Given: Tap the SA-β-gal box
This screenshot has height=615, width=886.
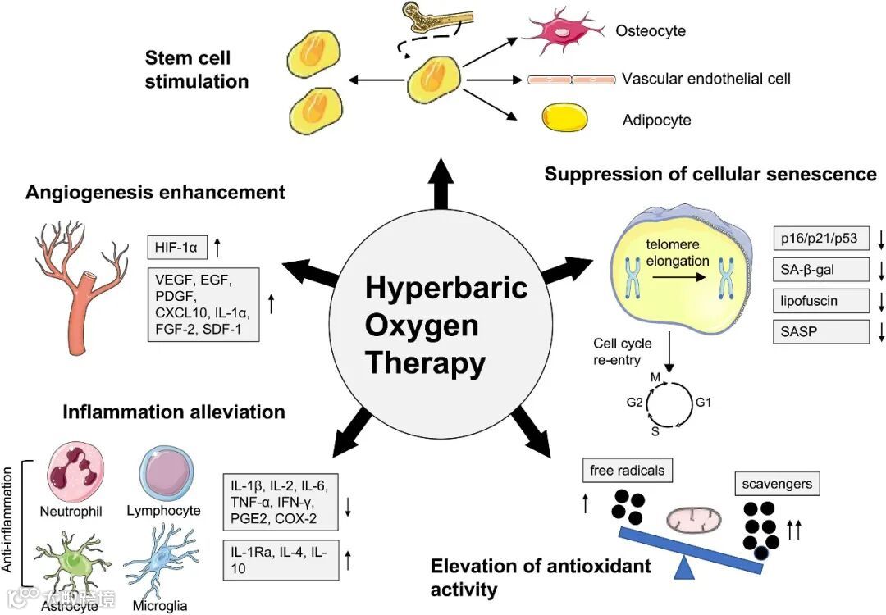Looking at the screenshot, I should (x=820, y=269).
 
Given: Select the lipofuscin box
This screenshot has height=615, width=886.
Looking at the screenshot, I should (x=820, y=300).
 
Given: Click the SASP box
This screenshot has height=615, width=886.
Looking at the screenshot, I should (x=820, y=332).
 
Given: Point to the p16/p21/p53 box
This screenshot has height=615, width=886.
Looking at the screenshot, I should (x=820, y=239).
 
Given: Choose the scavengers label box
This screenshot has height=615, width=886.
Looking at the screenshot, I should (x=776, y=483).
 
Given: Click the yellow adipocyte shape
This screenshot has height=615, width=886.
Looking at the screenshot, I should (x=564, y=117).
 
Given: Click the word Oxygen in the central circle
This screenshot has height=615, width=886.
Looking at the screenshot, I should (x=422, y=326).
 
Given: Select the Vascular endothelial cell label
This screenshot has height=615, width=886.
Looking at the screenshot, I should (x=706, y=80).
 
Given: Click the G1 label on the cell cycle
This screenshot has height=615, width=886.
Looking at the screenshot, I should (x=705, y=403).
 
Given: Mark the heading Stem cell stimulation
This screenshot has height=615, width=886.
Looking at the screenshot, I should (x=197, y=70).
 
